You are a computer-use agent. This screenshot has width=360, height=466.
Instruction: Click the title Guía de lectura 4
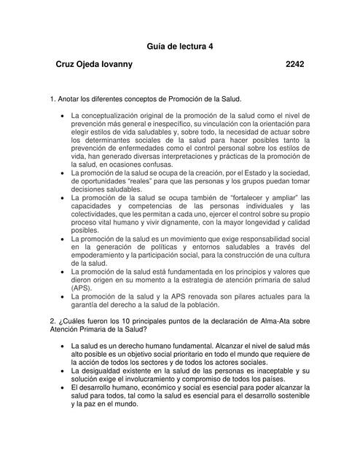click(180, 46)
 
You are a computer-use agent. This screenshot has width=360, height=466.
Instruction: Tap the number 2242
click(295, 65)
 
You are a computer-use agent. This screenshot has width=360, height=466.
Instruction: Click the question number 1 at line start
click(51, 98)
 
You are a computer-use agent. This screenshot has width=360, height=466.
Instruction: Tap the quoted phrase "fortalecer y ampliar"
click(241, 198)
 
